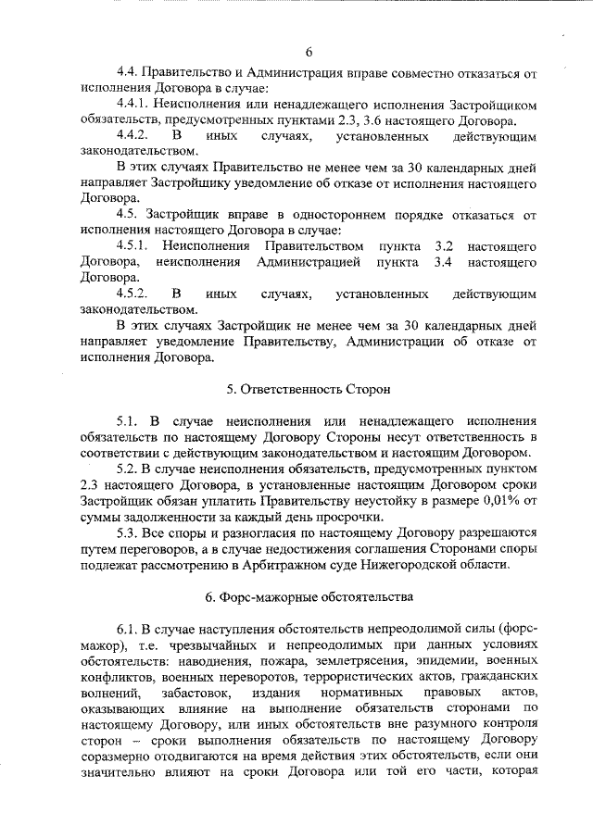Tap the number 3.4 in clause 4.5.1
coord(444,263)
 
